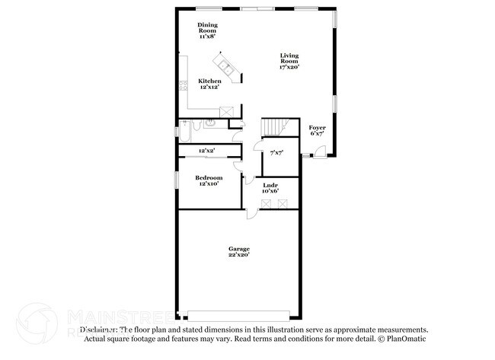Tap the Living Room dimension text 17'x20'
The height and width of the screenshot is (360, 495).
click(x=289, y=67)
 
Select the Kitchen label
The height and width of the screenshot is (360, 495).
click(x=210, y=81)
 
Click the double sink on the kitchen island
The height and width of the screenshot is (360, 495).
click(x=228, y=64)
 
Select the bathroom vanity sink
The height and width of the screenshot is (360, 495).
click(x=214, y=123)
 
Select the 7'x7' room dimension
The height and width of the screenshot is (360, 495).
click(x=276, y=152)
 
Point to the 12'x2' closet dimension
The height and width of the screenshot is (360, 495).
click(x=206, y=151)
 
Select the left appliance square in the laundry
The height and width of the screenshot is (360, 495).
click(x=265, y=203)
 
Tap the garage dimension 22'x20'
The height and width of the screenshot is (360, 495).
click(x=239, y=255)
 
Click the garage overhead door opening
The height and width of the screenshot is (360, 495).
click(x=239, y=314)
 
